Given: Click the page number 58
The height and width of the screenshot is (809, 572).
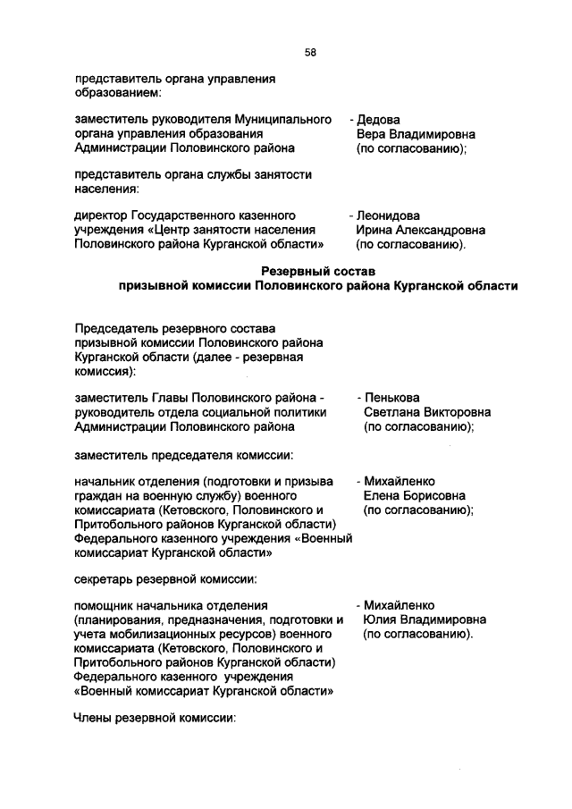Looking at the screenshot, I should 310,53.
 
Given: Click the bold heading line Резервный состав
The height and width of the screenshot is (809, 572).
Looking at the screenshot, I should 317,271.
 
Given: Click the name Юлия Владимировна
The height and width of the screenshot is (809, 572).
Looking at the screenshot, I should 425,619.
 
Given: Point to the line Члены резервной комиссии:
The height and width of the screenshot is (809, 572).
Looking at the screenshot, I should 155,717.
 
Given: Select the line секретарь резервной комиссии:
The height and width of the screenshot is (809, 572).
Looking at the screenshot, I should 165,578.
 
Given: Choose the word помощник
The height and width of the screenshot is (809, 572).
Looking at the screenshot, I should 106,605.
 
